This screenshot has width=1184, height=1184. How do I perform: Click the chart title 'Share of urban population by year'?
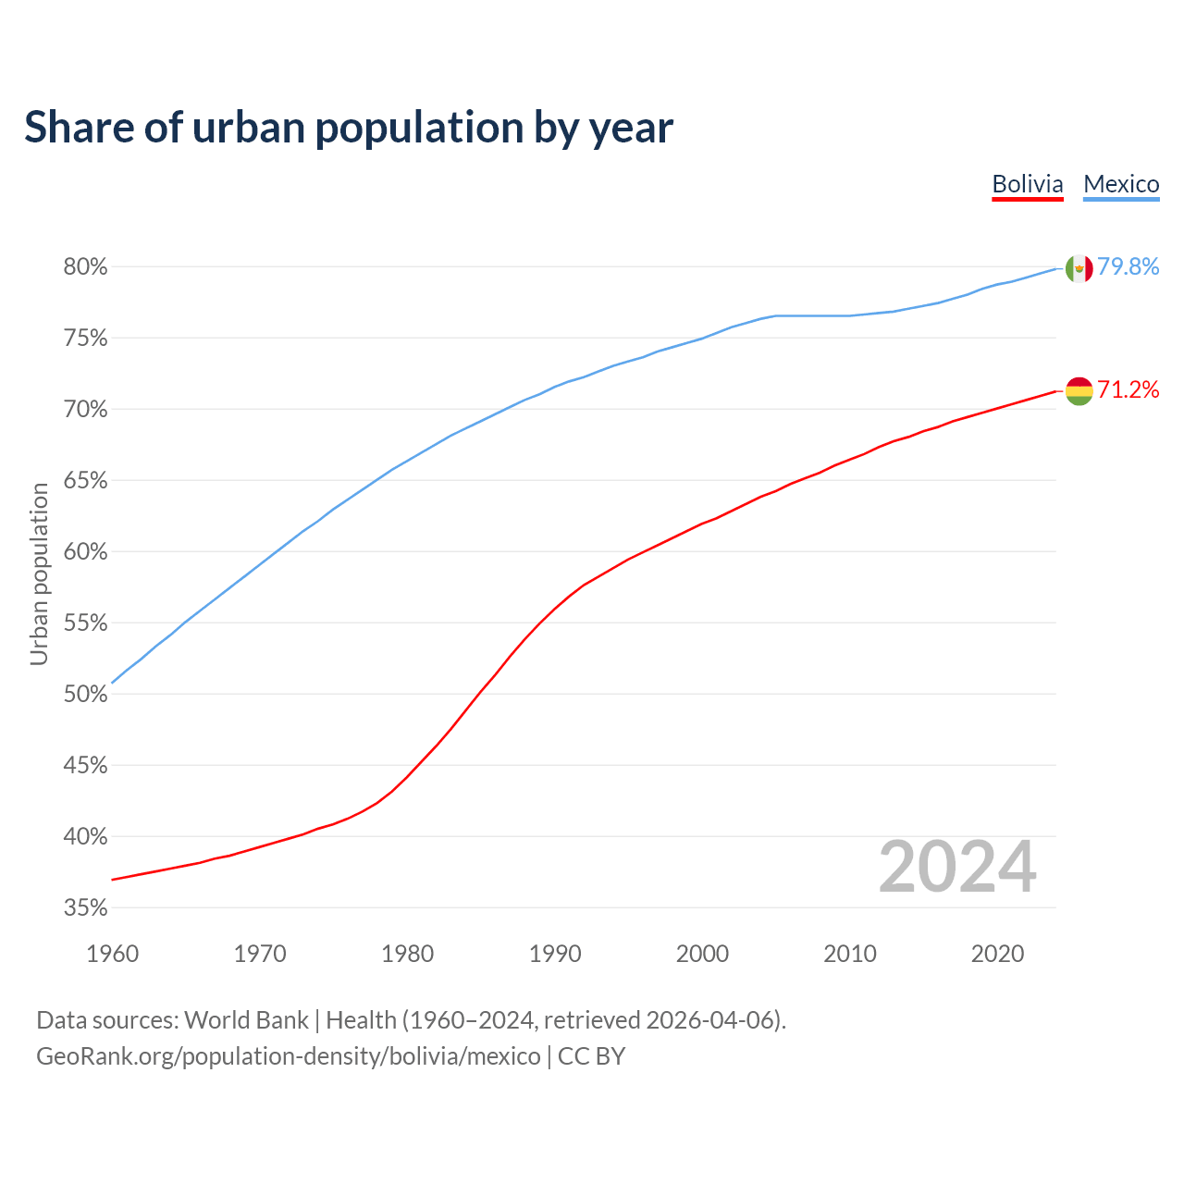click(349, 128)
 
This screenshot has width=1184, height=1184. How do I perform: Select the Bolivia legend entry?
click(1027, 184)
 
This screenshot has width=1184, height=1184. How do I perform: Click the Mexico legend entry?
click(1121, 184)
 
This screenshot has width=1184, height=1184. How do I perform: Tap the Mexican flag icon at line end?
click(1079, 268)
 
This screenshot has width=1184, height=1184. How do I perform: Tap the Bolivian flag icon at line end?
click(1079, 390)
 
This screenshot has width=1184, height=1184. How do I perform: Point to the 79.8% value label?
click(1128, 267)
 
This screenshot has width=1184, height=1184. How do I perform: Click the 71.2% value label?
click(1128, 390)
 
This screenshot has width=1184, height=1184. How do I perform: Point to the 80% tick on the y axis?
click(86, 267)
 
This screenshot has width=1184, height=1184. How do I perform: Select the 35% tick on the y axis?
click(86, 908)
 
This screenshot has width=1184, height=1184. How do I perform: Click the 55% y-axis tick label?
click(86, 623)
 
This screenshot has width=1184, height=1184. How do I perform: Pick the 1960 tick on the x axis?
click(112, 954)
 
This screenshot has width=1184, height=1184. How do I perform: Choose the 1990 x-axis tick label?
click(555, 954)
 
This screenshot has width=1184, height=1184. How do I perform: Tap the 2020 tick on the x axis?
click(997, 954)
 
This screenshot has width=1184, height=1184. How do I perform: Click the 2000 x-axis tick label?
click(703, 954)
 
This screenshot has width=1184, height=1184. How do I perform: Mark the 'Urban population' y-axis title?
click(39, 573)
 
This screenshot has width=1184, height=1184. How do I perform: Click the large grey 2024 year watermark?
click(957, 867)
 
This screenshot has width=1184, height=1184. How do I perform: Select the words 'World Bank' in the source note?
click(246, 1020)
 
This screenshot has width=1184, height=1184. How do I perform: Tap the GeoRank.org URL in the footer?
click(289, 1056)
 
